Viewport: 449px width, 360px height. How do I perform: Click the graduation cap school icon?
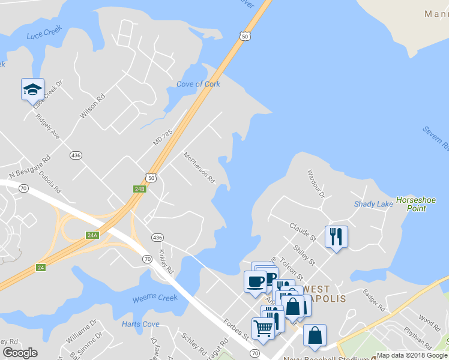click(32, 89)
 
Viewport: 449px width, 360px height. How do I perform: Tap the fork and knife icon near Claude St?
click(336, 236)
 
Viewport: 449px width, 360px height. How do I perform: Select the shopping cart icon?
click(264, 328)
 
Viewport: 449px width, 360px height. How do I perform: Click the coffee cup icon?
click(255, 281)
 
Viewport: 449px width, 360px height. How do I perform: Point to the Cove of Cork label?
click(198, 84)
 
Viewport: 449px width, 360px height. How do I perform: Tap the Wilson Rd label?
click(92, 105)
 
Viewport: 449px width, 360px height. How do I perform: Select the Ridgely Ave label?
click(47, 126)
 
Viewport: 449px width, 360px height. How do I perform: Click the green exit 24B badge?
click(139, 189)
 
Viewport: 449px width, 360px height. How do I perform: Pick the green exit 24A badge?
click(92, 235)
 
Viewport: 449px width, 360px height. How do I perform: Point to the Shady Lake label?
click(373, 204)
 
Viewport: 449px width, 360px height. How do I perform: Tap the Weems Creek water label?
click(155, 298)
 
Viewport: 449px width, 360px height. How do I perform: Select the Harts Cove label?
click(140, 324)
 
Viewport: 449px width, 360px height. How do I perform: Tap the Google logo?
click(20, 353)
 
